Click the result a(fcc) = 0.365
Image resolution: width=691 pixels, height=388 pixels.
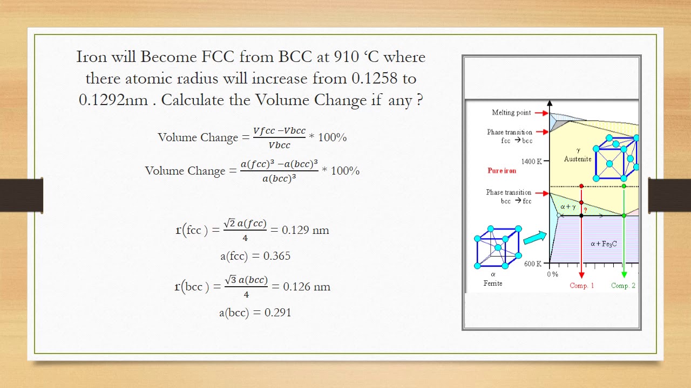tap(255, 256)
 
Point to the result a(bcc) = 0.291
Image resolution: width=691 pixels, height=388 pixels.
tap(255, 313)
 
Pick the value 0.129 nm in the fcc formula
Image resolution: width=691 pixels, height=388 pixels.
tap(306, 230)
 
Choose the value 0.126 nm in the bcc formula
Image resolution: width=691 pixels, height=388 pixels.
tap(307, 287)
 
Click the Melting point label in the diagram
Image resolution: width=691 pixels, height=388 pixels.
tap(511, 113)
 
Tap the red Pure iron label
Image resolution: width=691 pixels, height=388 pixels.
tap(502, 171)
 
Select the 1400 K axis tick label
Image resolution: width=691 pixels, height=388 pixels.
tap(531, 161)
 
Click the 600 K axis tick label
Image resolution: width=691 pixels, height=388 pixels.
tap(532, 264)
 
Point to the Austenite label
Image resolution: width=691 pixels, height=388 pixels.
tap(578, 159)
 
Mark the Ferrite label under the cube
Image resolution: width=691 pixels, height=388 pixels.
tap(493, 283)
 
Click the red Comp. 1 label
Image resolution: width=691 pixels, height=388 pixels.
tap(582, 286)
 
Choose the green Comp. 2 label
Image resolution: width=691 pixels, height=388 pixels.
tap(623, 286)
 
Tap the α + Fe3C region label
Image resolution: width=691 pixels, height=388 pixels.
tap(604, 244)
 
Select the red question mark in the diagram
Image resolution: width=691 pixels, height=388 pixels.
tap(585, 210)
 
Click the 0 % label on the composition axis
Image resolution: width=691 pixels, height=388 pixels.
tap(552, 274)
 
